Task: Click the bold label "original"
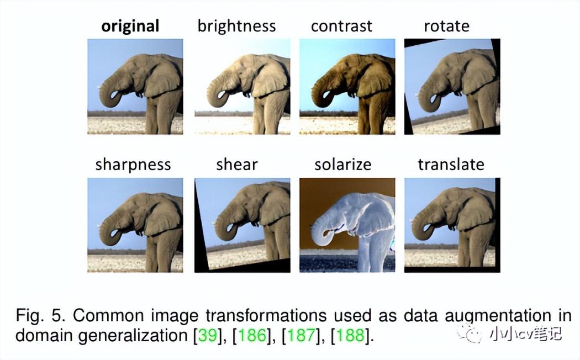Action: [130, 27]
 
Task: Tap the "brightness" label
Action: [237, 27]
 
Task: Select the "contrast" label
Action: [341, 27]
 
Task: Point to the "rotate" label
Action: [447, 27]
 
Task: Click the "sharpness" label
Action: [133, 165]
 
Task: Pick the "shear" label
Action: [237, 165]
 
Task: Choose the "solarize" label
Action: [343, 165]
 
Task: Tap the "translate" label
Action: [451, 165]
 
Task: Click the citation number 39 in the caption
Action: [208, 335]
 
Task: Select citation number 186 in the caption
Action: [252, 335]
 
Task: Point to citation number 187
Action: [302, 335]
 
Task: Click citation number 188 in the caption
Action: [350, 335]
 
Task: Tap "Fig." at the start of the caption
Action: [30, 316]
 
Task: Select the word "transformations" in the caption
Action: [266, 316]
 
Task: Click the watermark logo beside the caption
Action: [470, 333]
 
